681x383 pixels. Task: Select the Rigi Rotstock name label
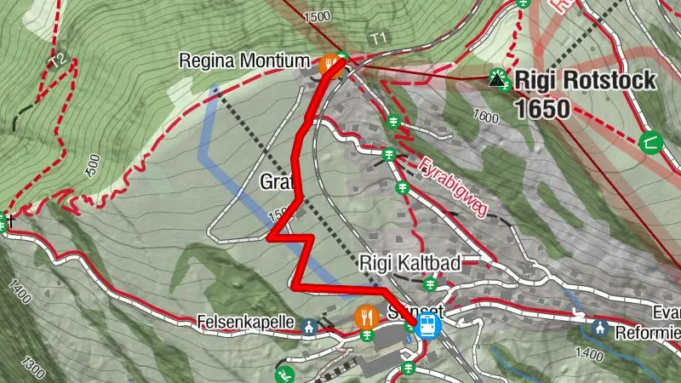coord(586,81)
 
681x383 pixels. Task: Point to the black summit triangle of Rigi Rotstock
coord(496,80)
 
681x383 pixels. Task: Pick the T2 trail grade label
coord(58,61)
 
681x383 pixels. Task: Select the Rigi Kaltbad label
coord(410,264)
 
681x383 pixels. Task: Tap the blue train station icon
coord(427,324)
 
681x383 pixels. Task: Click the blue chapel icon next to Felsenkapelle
coord(308,325)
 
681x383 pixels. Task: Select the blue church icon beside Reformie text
coord(603,327)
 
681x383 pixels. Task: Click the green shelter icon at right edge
coord(653,142)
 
